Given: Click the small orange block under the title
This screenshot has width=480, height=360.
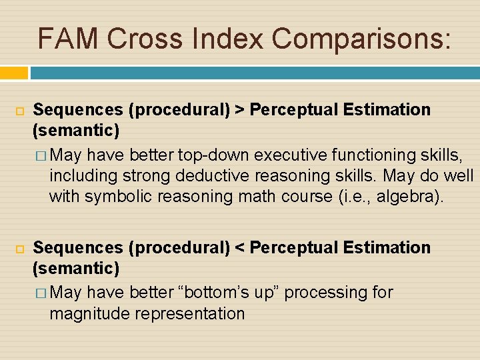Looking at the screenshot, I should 14,73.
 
